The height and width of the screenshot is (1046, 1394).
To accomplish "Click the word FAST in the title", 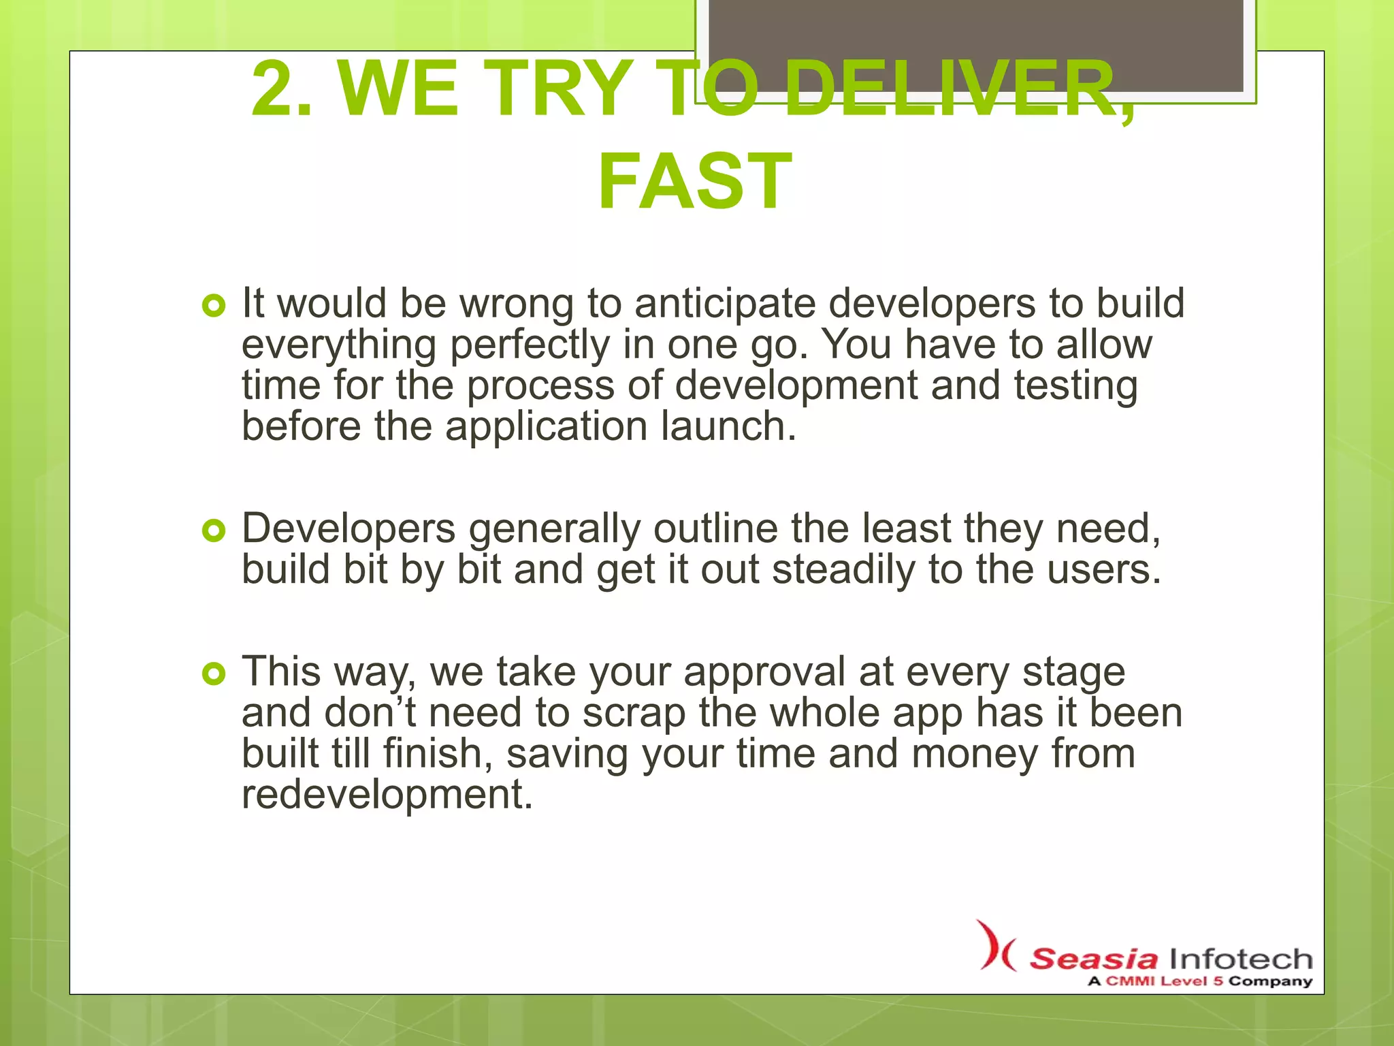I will [695, 181].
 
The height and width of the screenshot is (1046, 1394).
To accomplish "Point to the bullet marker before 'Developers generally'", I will [213, 530].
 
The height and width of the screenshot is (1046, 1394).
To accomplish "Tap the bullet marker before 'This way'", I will [213, 673].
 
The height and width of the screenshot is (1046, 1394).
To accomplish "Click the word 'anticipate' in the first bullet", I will [725, 304].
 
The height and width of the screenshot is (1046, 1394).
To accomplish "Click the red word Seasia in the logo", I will [1093, 959].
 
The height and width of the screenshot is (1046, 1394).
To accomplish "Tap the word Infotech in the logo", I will [1240, 959].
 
